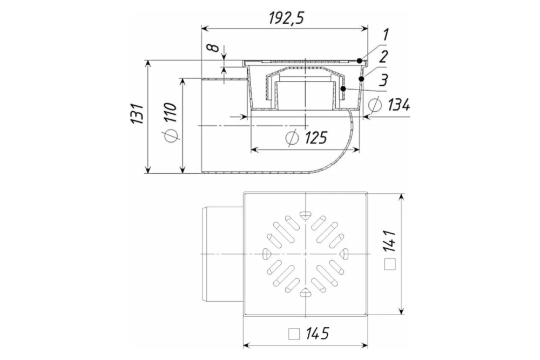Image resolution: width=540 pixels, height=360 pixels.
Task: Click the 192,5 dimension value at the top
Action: [287, 18]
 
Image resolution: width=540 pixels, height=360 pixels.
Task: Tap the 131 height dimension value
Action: [137, 113]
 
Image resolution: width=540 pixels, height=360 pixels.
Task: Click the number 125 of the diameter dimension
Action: [316, 138]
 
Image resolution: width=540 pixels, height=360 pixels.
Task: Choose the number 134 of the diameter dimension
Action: [399, 105]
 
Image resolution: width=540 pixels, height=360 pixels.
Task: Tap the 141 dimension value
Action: [390, 242]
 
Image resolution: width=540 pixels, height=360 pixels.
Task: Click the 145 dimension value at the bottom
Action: [317, 333]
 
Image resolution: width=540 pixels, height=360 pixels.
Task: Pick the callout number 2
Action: [383, 57]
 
